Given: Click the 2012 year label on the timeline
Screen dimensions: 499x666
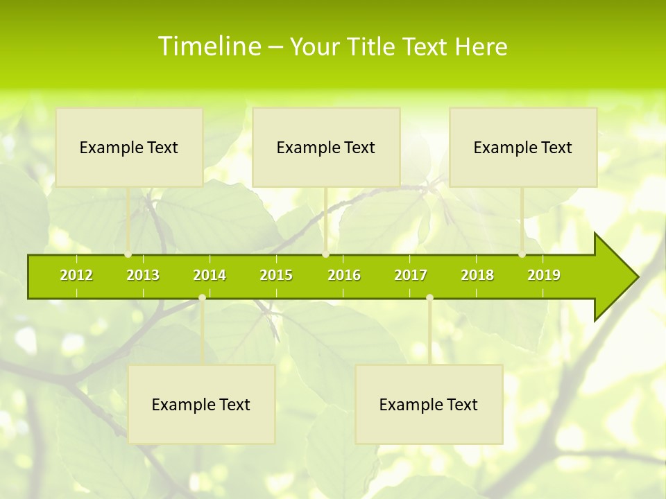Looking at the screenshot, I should pyautogui.click(x=76, y=276).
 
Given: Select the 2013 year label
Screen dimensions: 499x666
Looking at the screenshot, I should pyautogui.click(x=143, y=276).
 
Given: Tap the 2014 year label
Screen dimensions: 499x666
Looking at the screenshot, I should pyautogui.click(x=210, y=276).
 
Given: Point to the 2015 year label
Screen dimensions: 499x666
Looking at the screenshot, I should pyautogui.click(x=276, y=276).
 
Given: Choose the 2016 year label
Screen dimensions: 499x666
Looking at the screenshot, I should pyautogui.click(x=344, y=276).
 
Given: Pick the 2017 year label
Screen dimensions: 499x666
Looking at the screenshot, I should pyautogui.click(x=411, y=276).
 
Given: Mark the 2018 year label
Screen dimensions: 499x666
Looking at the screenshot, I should pyautogui.click(x=477, y=276).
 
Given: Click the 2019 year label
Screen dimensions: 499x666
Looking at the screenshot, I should pyautogui.click(x=544, y=276).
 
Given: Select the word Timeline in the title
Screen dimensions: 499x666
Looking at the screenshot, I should pyautogui.click(x=208, y=46).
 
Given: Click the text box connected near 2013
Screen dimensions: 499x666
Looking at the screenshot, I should pyautogui.click(x=129, y=147).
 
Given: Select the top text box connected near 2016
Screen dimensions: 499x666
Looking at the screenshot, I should pyautogui.click(x=326, y=147).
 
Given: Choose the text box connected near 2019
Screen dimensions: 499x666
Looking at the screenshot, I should pyautogui.click(x=523, y=147).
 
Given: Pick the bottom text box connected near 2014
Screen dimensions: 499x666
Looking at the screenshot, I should pyautogui.click(x=201, y=404).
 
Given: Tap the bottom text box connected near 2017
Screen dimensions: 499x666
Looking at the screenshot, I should pyautogui.click(x=429, y=404).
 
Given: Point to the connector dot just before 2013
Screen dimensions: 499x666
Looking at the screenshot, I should pyautogui.click(x=128, y=254).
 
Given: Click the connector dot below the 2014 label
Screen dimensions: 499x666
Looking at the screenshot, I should pyautogui.click(x=202, y=298).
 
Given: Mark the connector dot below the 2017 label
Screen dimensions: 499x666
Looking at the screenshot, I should pyautogui.click(x=429, y=298).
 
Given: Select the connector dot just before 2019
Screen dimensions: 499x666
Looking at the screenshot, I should pyautogui.click(x=522, y=254).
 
